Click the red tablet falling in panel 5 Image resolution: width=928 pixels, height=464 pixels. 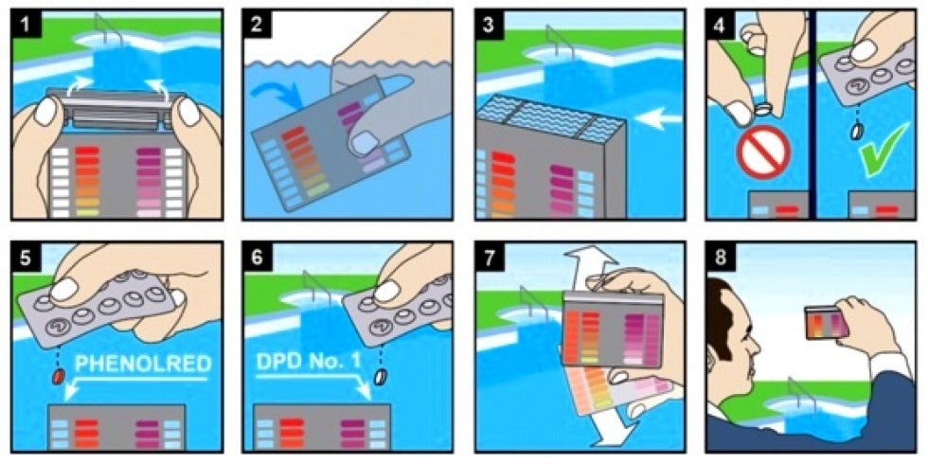click(x=59, y=377)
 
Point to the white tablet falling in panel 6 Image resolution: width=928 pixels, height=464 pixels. click(x=382, y=375)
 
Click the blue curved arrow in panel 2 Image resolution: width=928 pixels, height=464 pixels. click(x=274, y=89)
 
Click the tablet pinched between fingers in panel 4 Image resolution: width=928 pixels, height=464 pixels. click(x=762, y=109)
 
